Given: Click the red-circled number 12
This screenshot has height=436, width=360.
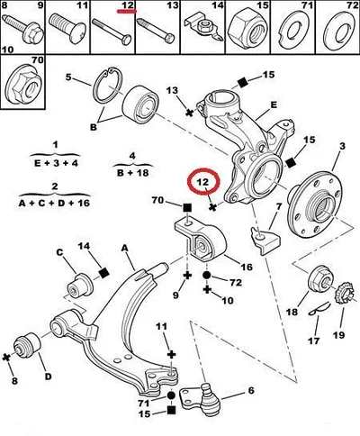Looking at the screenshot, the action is tap(202, 182).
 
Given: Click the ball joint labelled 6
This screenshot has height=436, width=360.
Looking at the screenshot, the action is tap(202, 398).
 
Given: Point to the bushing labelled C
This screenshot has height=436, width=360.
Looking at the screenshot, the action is tap(80, 285).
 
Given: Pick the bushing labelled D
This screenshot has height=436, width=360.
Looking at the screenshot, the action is tap(28, 347).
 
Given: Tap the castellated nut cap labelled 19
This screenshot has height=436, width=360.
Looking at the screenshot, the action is tap(346, 292).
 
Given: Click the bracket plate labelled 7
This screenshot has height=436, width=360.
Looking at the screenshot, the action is tap(265, 240).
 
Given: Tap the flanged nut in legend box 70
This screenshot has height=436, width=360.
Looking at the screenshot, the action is tap(22, 87).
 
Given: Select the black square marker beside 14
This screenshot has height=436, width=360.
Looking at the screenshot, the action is tap(103, 273).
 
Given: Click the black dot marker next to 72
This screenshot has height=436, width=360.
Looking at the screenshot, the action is tap(207, 275).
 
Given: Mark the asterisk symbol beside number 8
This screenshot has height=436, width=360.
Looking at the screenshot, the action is tap(6, 358).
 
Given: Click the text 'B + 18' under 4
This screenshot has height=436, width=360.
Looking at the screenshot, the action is tap(132, 173).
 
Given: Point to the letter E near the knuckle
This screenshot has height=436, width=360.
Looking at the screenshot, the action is tap(274, 105).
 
